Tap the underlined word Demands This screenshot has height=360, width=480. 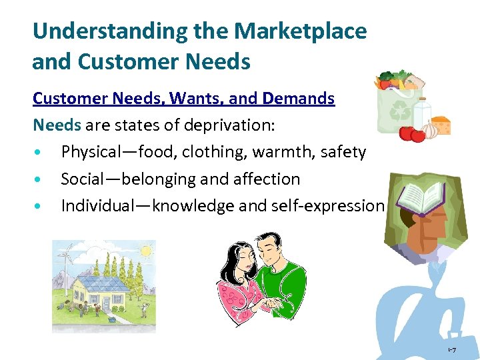[299, 99]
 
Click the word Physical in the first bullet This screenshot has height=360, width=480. [89, 152]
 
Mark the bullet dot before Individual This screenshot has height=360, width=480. [41, 206]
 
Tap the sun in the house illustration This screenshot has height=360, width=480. [144, 251]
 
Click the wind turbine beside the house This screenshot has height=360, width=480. [66, 260]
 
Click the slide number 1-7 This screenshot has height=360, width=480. [451, 350]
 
